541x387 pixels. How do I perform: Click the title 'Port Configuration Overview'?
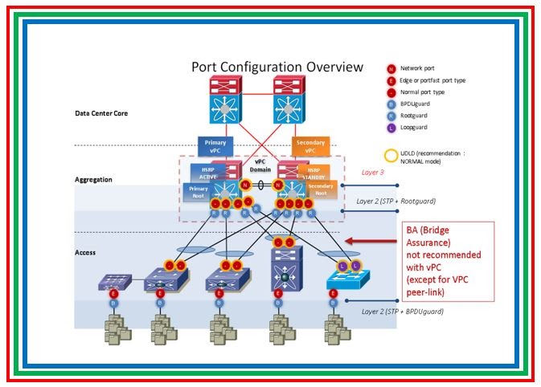(277, 67)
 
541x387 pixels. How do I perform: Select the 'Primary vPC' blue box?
(215, 146)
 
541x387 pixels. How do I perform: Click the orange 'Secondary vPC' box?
(310, 147)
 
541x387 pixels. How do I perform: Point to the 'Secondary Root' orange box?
(321, 190)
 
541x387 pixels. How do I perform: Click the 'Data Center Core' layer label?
(101, 113)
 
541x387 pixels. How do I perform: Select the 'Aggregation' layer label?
(93, 180)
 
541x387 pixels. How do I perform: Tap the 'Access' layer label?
(85, 252)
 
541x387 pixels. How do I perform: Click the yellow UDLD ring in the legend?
(391, 157)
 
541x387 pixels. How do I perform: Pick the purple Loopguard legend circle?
(391, 126)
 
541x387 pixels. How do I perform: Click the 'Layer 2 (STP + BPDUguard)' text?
(402, 311)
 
